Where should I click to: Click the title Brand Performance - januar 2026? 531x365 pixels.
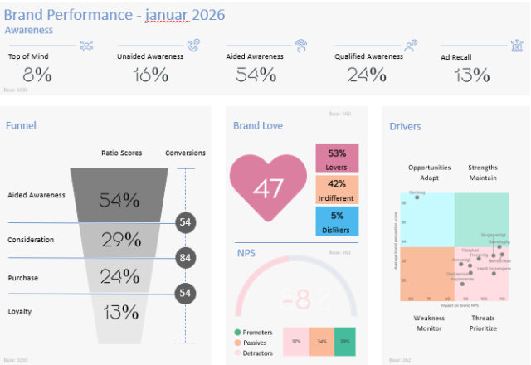[114, 15]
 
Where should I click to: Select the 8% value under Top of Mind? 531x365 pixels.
[31, 75]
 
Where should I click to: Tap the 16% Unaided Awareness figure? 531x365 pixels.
[150, 75]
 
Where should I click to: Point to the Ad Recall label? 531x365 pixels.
[457, 57]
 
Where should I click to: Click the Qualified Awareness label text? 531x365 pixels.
[370, 57]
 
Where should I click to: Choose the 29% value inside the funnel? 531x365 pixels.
[119, 241]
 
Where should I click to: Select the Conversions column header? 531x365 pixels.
[185, 153]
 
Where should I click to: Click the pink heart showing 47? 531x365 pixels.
[267, 188]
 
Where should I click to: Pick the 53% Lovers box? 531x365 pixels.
[337, 158]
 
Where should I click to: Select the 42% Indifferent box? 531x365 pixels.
[337, 190]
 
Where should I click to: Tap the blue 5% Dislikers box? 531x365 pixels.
[337, 221]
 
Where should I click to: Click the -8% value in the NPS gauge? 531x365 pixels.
[296, 298]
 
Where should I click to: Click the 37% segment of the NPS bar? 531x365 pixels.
[295, 341]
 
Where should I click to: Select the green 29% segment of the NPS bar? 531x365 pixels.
[344, 341]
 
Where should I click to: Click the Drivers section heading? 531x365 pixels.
[405, 126]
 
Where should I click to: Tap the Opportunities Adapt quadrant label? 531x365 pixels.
[429, 173]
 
